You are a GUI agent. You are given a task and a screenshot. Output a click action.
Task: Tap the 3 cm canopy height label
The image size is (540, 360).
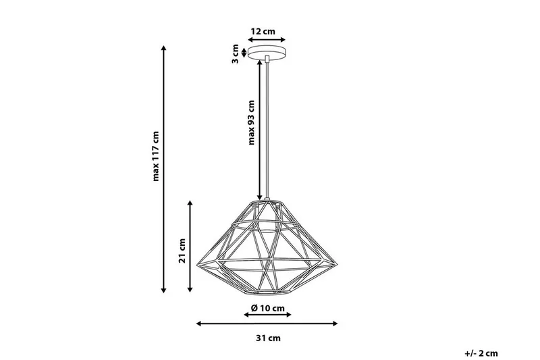click(236, 53)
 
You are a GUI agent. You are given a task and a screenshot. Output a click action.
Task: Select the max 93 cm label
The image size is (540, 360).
click(250, 123)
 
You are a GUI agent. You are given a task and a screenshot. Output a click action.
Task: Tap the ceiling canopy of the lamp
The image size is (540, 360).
click(268, 53)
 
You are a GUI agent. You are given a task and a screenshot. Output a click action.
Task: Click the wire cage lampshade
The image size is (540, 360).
click(267, 247)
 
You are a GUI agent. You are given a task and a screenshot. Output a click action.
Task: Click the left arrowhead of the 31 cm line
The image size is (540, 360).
click(198, 324)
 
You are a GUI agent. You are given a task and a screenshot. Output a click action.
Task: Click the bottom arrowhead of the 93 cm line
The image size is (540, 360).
click(259, 197)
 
